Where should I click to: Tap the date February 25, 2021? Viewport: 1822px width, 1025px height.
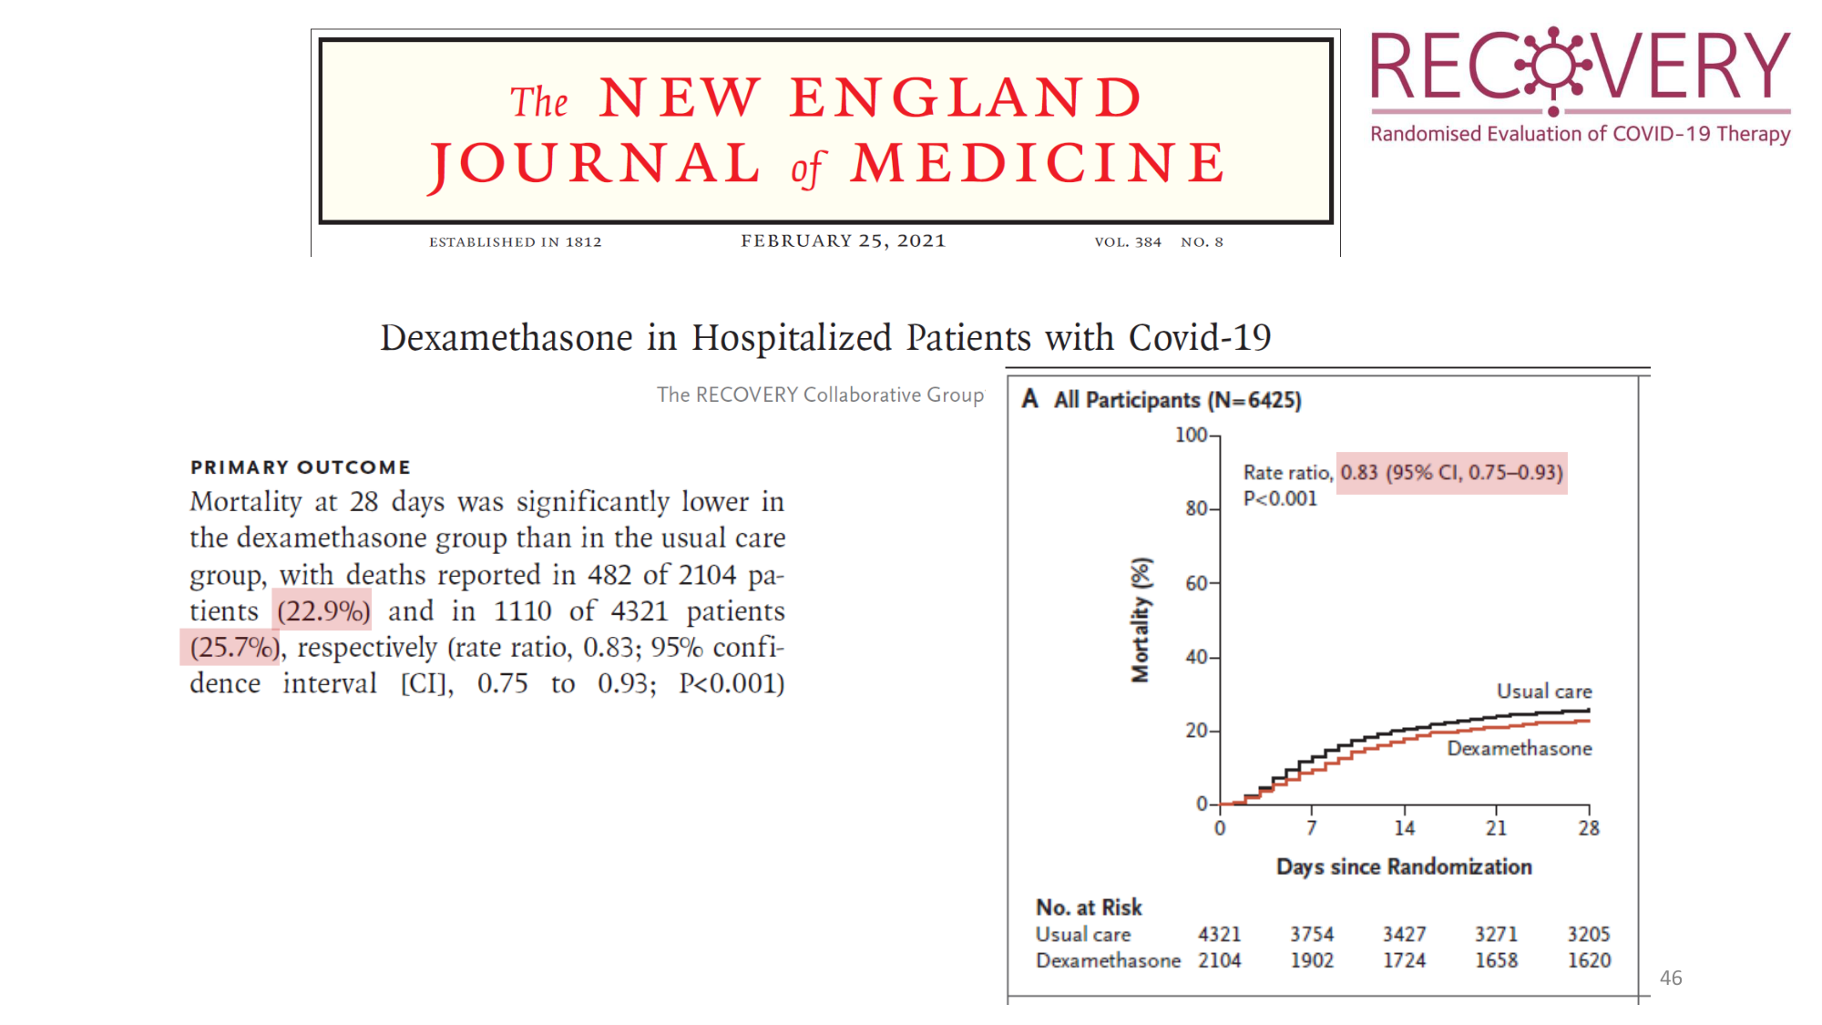[x=843, y=241]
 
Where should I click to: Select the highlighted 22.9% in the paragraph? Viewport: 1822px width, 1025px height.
[x=323, y=610]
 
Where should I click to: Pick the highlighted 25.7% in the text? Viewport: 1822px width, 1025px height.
[x=233, y=647]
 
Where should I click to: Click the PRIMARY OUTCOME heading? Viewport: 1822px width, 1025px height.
[x=301, y=467]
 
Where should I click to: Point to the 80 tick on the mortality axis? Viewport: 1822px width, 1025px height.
[x=1197, y=508]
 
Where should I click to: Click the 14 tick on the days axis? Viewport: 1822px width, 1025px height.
[x=1404, y=827]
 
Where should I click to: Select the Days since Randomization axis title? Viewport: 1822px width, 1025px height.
[x=1404, y=866]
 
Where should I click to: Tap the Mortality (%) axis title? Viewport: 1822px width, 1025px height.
[x=1141, y=620]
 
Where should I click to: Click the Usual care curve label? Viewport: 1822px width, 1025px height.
[x=1544, y=692]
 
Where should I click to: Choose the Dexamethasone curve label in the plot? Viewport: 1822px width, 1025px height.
[x=1520, y=748]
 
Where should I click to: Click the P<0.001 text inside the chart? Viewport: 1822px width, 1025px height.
[x=1280, y=498]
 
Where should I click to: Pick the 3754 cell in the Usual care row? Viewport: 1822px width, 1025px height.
[x=1312, y=934]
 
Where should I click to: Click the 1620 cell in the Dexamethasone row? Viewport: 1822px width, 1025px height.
[x=1589, y=960]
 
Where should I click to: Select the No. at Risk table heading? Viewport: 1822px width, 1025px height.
[x=1089, y=907]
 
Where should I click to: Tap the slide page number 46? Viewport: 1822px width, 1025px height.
[x=1671, y=978]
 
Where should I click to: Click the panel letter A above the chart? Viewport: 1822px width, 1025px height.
[x=1029, y=399]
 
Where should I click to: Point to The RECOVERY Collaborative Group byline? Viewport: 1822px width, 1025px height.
[x=820, y=395]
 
